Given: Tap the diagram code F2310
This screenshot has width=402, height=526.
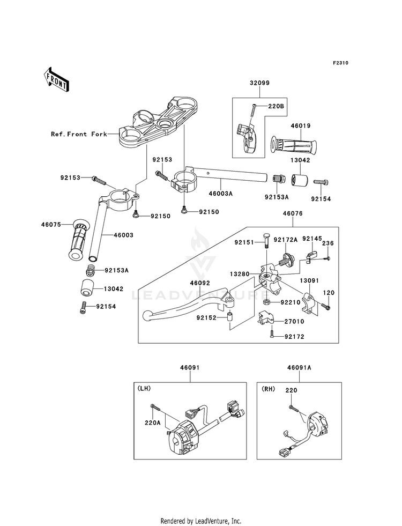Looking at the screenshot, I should pos(340,63).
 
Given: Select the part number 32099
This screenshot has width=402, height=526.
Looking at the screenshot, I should pos(258,84).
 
